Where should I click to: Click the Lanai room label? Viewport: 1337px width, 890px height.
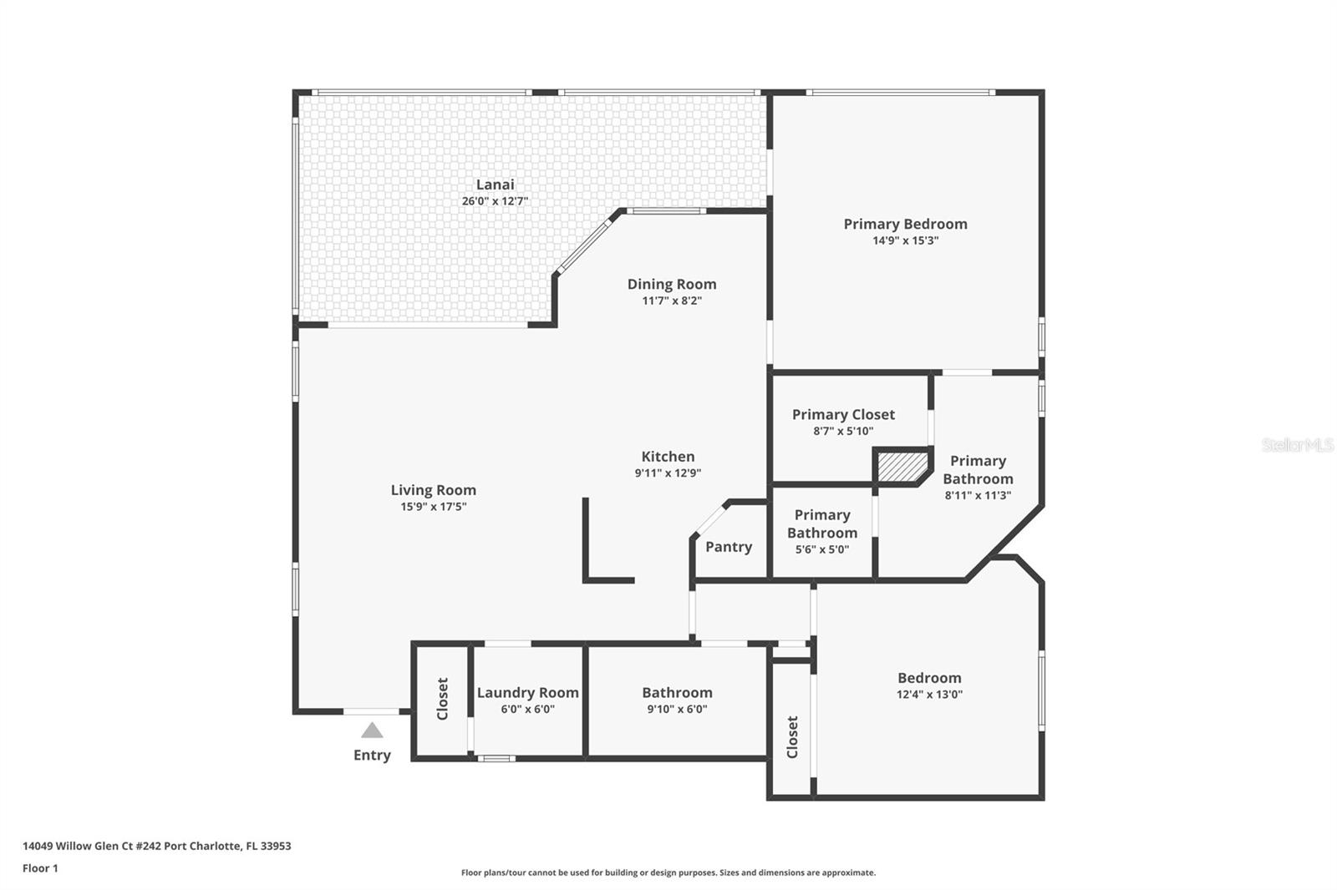point(495,185)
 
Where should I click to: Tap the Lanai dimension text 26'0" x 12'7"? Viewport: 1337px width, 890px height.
point(495,201)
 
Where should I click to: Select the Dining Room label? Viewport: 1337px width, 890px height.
point(672,284)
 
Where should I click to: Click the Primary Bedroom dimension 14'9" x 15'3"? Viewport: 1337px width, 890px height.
point(905,240)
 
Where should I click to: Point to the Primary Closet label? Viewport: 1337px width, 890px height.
point(843,414)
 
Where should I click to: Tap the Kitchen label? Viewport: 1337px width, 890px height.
point(668,457)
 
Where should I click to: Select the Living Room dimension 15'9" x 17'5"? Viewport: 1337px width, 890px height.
point(433,507)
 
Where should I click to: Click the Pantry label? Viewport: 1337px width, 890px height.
point(729,547)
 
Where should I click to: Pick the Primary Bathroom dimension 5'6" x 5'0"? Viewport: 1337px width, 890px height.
point(821,549)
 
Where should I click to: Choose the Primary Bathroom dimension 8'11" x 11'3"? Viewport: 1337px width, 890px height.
point(978,495)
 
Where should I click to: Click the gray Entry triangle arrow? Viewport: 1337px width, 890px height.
point(372,731)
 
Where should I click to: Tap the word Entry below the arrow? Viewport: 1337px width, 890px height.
point(372,755)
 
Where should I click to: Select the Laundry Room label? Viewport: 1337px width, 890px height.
point(527,692)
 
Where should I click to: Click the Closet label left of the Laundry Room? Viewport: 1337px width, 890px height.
point(443,699)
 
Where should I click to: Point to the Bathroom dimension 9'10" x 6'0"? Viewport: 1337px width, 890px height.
point(677,709)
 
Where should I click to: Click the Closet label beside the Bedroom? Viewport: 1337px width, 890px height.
point(792,736)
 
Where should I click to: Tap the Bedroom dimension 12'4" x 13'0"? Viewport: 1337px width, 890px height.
point(929,694)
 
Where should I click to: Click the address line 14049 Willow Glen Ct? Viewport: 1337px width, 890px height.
point(157,846)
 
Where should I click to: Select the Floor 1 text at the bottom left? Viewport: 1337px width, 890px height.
point(40,868)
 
